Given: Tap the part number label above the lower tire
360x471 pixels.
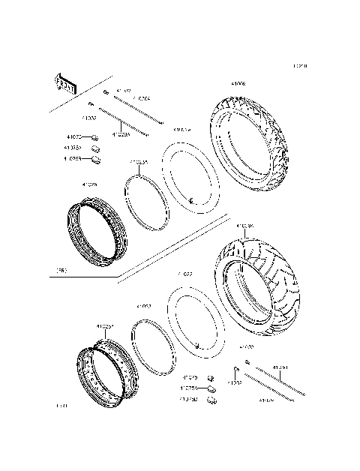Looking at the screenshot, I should click(245, 225).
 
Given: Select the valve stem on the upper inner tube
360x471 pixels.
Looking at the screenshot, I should click(191, 200).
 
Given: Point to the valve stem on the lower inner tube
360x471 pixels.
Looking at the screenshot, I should click(197, 346).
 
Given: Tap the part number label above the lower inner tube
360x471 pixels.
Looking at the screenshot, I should click(185, 274).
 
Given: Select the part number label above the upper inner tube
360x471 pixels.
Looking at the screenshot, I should click(182, 130).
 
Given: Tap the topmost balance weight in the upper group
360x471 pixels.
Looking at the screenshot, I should click(95, 138).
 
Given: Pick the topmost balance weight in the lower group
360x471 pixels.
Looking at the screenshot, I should click(211, 378).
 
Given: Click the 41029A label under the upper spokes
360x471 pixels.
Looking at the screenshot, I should click(121, 135).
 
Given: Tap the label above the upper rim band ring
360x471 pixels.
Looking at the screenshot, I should click(139, 161).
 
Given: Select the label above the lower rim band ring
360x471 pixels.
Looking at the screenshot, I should click(144, 307).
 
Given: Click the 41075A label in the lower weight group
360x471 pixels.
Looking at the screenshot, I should click(188, 388).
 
